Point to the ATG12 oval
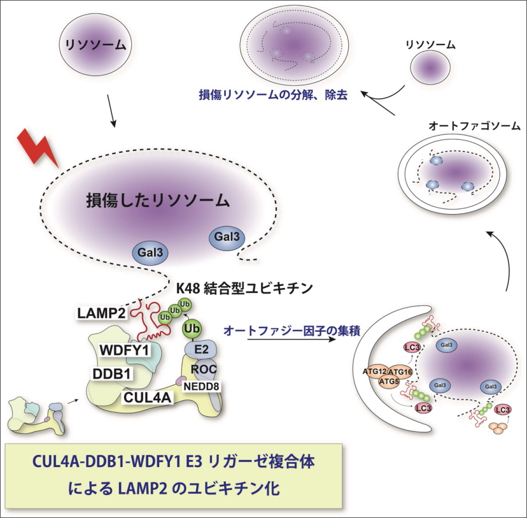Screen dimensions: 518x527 point(376,371)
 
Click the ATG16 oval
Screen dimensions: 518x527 point(401,371)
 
